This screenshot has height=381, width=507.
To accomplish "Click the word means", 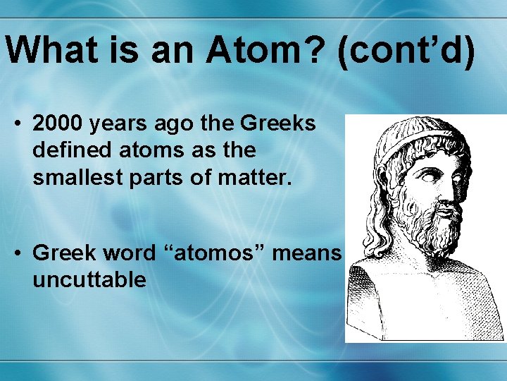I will pos(308,252).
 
